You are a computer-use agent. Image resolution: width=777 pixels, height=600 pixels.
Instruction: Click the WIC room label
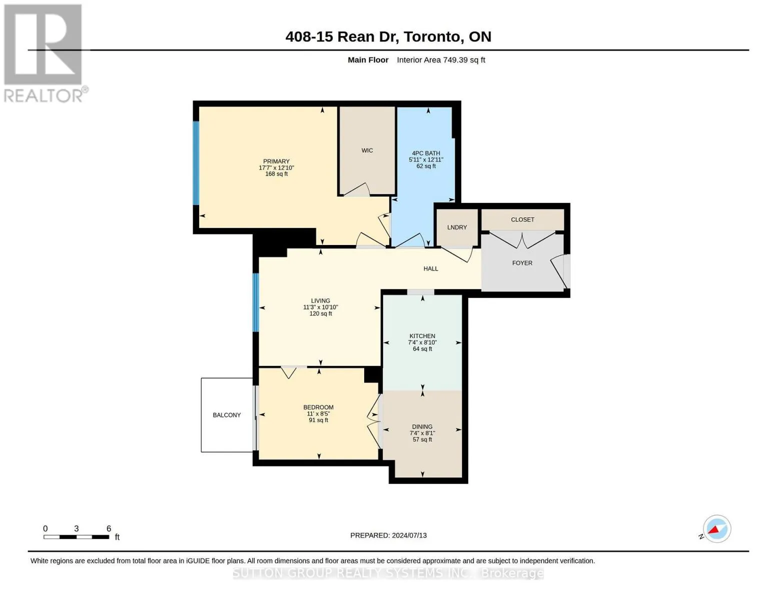click(x=367, y=150)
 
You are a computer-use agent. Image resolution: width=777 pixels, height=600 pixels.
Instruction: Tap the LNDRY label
click(x=457, y=227)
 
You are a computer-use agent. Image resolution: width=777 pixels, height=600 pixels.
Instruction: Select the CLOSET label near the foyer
click(x=522, y=219)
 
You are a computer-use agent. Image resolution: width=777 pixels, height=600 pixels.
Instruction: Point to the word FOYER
click(x=522, y=263)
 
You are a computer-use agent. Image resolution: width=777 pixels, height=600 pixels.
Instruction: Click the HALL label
click(x=430, y=268)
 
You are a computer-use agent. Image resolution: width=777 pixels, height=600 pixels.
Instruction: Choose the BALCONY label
click(x=227, y=415)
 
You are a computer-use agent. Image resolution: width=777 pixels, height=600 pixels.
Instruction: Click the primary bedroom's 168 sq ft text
click(x=276, y=174)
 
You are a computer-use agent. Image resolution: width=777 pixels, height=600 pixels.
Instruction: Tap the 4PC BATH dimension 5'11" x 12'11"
click(x=426, y=159)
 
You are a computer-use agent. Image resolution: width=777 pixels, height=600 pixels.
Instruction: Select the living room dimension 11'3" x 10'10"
click(x=320, y=307)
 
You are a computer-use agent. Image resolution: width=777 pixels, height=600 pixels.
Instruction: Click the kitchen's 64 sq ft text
click(x=422, y=349)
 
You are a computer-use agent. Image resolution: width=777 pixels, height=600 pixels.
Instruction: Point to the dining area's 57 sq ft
click(x=422, y=439)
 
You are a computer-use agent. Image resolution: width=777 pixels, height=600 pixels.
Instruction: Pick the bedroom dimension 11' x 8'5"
click(x=318, y=414)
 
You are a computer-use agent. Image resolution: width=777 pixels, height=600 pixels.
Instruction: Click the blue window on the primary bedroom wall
click(x=196, y=163)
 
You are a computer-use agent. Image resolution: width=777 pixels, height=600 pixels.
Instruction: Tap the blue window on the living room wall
click(x=256, y=302)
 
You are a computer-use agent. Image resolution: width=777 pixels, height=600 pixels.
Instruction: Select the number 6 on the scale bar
click(x=109, y=528)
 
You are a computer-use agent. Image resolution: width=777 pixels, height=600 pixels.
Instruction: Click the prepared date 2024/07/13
click(x=409, y=535)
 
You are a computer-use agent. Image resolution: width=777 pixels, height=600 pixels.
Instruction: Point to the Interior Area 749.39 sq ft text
click(x=441, y=60)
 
